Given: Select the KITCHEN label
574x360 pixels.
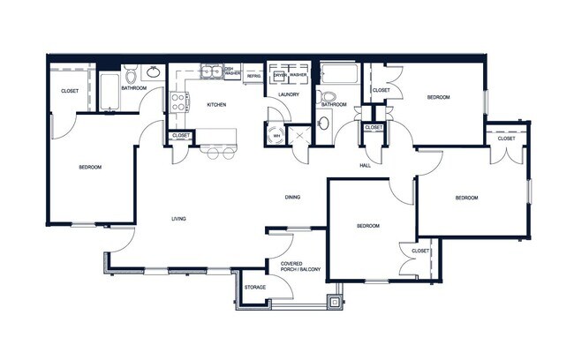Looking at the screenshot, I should [x=216, y=105].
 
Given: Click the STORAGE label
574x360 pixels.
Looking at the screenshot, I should [x=255, y=288].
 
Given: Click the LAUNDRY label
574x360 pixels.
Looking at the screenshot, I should [x=288, y=94].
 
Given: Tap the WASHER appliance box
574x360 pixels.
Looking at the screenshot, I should [x=298, y=75].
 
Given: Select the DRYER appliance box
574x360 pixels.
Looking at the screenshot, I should [x=279, y=75].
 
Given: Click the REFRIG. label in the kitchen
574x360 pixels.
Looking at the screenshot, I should [x=253, y=76].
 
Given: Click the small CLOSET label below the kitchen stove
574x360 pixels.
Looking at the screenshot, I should [x=181, y=136].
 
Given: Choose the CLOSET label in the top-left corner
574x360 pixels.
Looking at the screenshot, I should [x=71, y=92].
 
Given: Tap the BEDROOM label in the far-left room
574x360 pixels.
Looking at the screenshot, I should [x=90, y=168].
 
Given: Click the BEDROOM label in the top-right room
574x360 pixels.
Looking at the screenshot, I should [x=439, y=98].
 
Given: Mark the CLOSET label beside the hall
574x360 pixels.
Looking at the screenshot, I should [x=374, y=128].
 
